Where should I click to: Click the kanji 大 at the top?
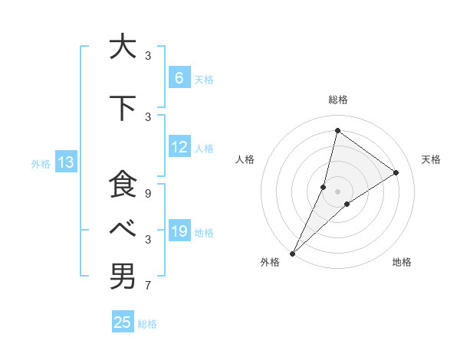122,47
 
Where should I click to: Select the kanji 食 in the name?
122,185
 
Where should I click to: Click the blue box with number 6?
179,77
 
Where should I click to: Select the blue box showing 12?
179,147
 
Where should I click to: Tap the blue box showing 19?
179,231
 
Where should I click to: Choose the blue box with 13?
65,162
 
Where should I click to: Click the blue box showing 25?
123,322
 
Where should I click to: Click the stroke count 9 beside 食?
148,194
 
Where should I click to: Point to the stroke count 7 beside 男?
148,286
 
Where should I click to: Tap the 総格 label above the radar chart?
337,100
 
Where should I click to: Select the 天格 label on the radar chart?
432,159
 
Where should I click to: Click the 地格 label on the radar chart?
402,262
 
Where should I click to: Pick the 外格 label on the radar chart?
270,262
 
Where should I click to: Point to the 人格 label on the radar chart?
245,159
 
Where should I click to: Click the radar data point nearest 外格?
292,253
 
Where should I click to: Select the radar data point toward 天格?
396,172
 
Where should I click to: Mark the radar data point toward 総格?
337,130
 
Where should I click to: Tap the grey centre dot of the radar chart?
337,191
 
